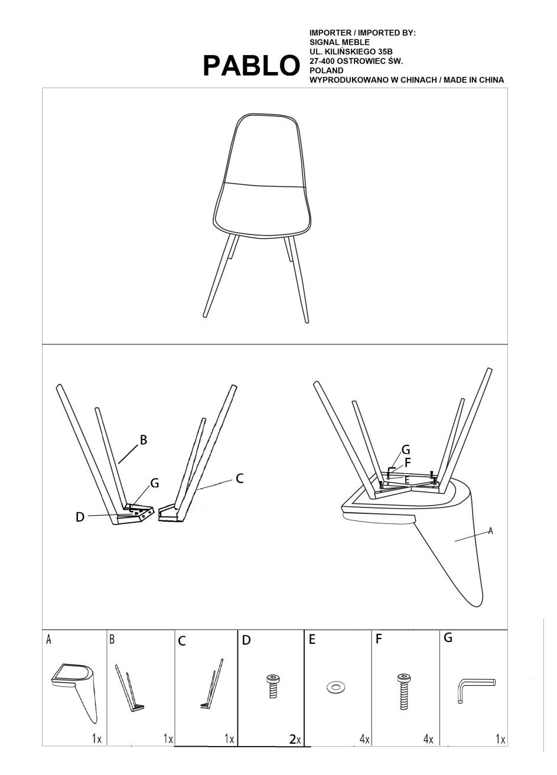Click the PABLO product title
pyautogui.click(x=251, y=66)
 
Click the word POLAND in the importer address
pyautogui.click(x=326, y=70)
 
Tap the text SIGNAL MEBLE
pyautogui.click(x=340, y=42)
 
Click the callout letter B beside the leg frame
pyautogui.click(x=143, y=440)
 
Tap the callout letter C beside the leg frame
pyautogui.click(x=240, y=479)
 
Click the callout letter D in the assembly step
pyautogui.click(x=80, y=517)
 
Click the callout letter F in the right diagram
pyautogui.click(x=408, y=463)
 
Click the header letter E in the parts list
pyautogui.click(x=312, y=639)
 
